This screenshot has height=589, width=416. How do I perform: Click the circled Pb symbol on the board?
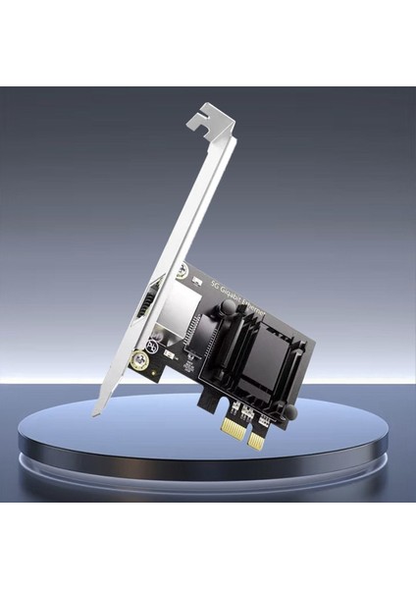(154, 346)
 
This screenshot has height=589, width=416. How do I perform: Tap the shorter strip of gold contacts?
(256, 441)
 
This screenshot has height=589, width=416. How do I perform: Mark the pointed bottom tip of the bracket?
(97, 414)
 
